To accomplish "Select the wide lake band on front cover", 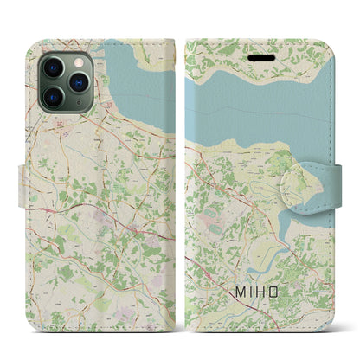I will (x=260, y=100).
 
